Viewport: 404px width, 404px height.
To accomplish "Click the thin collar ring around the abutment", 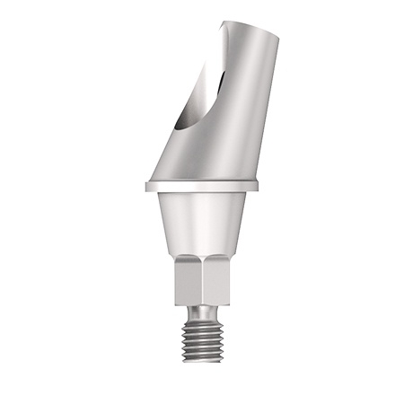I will pos(202,187).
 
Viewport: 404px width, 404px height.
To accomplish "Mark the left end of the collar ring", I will pos(145,187).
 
